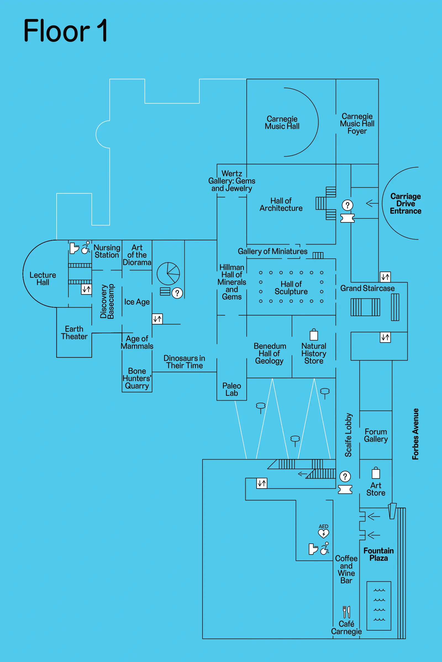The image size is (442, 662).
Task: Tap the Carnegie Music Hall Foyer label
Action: click(357, 124)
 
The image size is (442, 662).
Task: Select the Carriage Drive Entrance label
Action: click(405, 204)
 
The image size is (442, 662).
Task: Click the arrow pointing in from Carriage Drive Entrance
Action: click(372, 203)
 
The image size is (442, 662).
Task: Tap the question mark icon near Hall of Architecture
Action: click(347, 205)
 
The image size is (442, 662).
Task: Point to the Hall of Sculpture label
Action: click(291, 288)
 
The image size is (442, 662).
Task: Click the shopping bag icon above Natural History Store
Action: click(314, 335)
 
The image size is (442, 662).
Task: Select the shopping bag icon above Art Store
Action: click(376, 473)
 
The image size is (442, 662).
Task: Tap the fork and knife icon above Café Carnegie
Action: click(346, 612)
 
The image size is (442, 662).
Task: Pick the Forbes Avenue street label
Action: click(415, 434)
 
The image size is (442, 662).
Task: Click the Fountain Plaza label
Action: click(378, 554)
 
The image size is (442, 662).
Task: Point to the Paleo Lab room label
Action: click(231, 389)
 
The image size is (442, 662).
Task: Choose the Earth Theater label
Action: click(74, 333)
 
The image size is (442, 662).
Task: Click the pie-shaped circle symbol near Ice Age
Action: click(168, 274)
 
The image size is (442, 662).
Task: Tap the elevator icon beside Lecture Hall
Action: click(86, 289)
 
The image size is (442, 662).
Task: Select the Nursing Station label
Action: click(107, 251)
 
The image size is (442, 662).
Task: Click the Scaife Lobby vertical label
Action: click(348, 435)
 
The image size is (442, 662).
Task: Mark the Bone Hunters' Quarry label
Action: click(137, 378)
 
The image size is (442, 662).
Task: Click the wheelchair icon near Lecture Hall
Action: click(86, 248)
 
